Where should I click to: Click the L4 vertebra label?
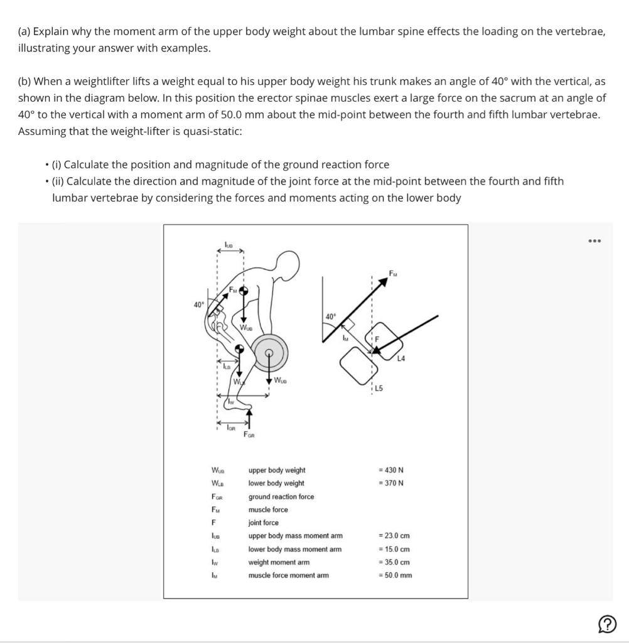click(x=402, y=359)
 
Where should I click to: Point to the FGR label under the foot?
click(x=249, y=435)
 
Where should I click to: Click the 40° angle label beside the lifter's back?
click(x=198, y=305)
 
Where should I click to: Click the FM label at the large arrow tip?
click(x=393, y=274)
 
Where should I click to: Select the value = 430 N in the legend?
click(x=390, y=470)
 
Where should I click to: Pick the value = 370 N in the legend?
click(x=390, y=483)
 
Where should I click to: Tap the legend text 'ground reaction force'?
click(x=281, y=497)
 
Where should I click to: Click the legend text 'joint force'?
click(x=264, y=522)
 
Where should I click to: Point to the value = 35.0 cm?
click(x=394, y=562)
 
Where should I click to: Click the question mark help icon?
click(x=607, y=624)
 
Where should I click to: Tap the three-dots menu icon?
click(x=594, y=240)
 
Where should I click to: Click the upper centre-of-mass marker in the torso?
click(x=244, y=291)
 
